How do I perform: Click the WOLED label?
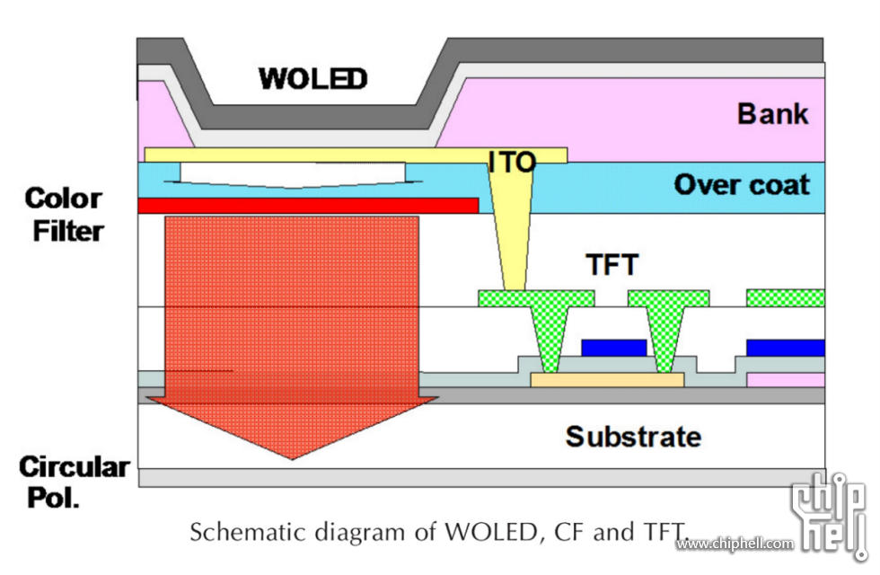pos(312,78)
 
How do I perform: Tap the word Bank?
pos(772,114)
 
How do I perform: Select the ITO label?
pos(512,162)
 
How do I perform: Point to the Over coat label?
pos(742,185)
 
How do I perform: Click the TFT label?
pos(612,265)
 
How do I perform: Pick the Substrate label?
pos(633,437)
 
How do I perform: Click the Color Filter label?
pos(64,214)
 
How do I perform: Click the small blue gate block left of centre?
pos(613,347)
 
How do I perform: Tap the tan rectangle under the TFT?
pos(607,380)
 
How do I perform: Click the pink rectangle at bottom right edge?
pos(786,380)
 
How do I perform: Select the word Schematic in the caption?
pos(236,532)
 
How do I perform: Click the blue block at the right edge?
pos(786,347)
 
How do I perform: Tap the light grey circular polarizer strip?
pos(481,477)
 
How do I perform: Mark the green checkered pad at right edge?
pos(786,297)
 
